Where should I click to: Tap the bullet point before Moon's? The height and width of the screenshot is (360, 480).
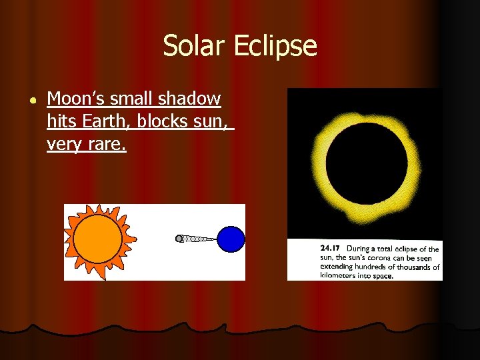pyautogui.click(x=33, y=99)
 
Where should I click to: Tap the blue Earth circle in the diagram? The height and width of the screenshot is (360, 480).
pyautogui.click(x=231, y=239)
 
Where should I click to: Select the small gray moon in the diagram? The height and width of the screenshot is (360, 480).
pyautogui.click(x=179, y=238)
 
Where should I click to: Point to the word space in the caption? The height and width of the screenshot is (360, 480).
pyautogui.click(x=383, y=275)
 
